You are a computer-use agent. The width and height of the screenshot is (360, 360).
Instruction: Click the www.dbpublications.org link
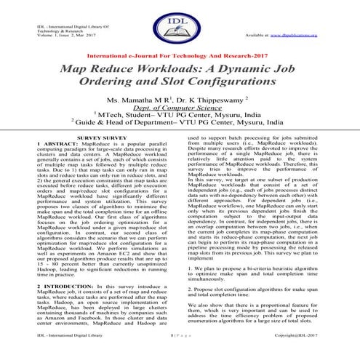tap(308, 33)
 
